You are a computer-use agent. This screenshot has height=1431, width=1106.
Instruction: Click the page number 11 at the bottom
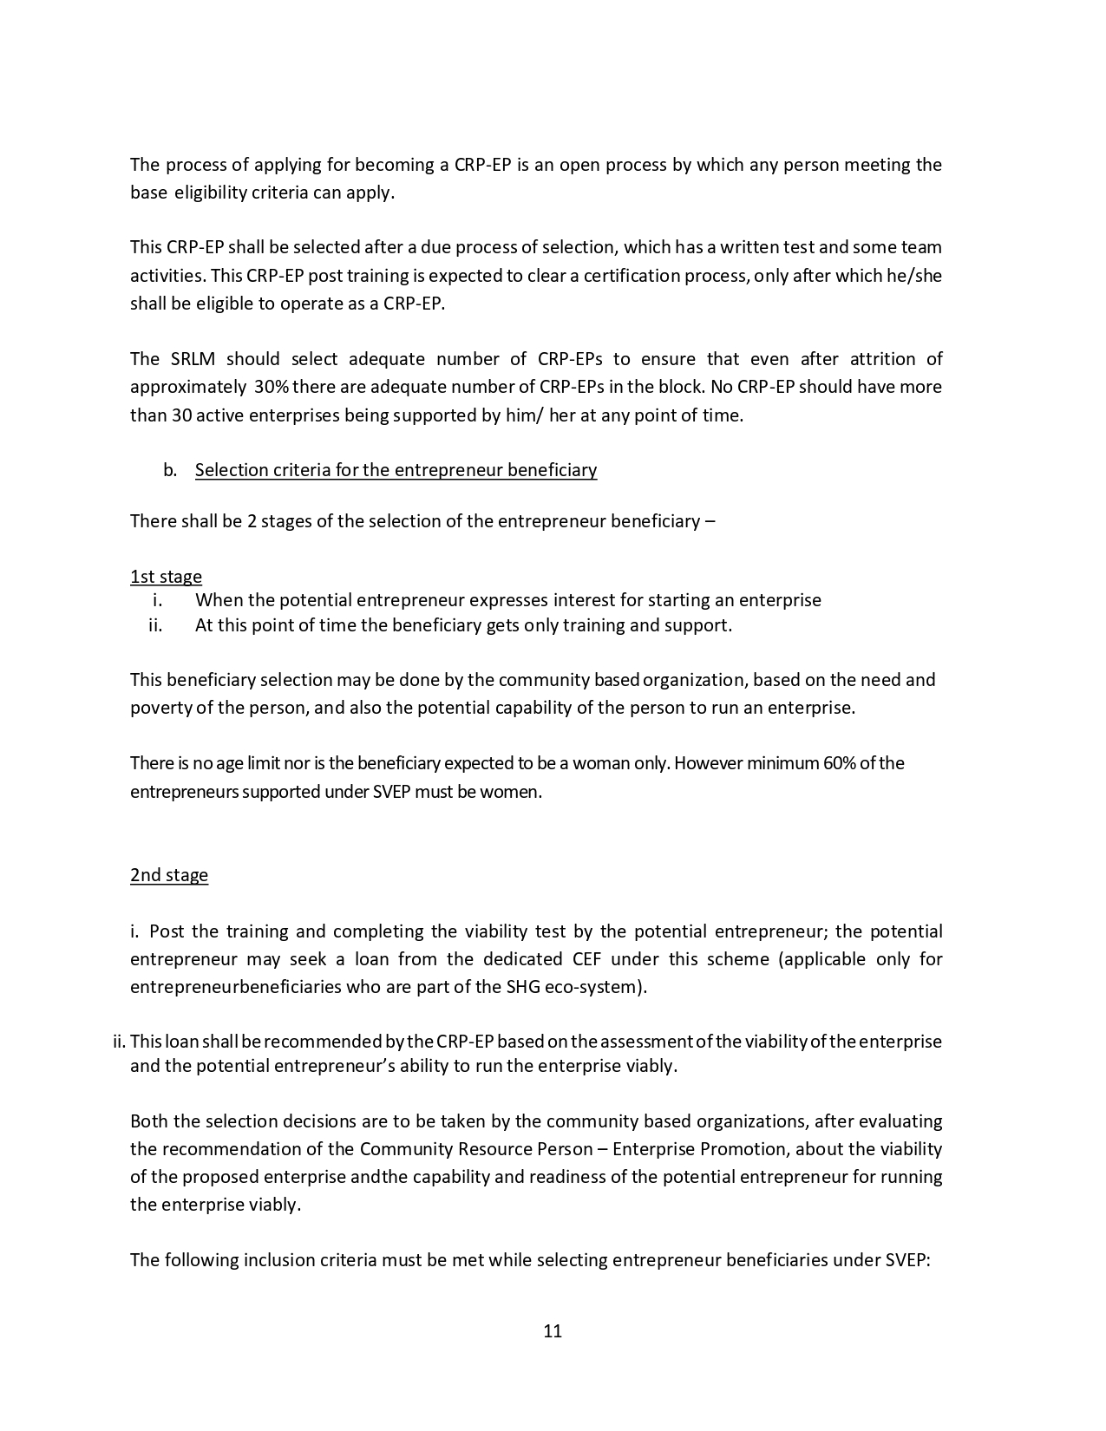553,1331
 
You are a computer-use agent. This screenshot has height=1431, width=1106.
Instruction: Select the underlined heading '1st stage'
166,577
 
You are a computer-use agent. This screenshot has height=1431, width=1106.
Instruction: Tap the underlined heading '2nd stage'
169,874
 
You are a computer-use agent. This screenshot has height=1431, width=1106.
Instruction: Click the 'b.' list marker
170,470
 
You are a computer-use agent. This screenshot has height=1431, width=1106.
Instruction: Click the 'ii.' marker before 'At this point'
156,625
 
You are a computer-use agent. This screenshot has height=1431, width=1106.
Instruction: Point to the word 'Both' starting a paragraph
149,1121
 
